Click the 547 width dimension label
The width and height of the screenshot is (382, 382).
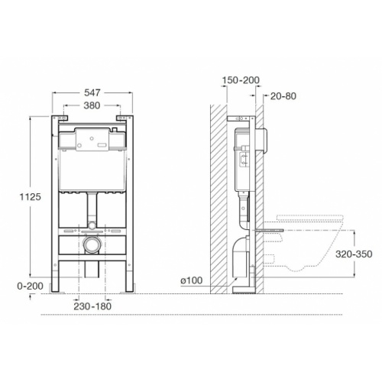(92, 92)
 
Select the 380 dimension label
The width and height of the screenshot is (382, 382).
(92, 105)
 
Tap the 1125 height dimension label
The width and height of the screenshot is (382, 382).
(31, 197)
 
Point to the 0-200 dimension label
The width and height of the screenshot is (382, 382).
(30, 286)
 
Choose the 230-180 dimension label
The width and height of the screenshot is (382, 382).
(92, 306)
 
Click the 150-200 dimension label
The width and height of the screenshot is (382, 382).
(241, 80)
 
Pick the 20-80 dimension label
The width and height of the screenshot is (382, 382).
(283, 96)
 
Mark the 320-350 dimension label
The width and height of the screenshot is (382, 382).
(354, 254)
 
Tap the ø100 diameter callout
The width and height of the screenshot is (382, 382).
(192, 280)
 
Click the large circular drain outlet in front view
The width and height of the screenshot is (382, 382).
(92, 244)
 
